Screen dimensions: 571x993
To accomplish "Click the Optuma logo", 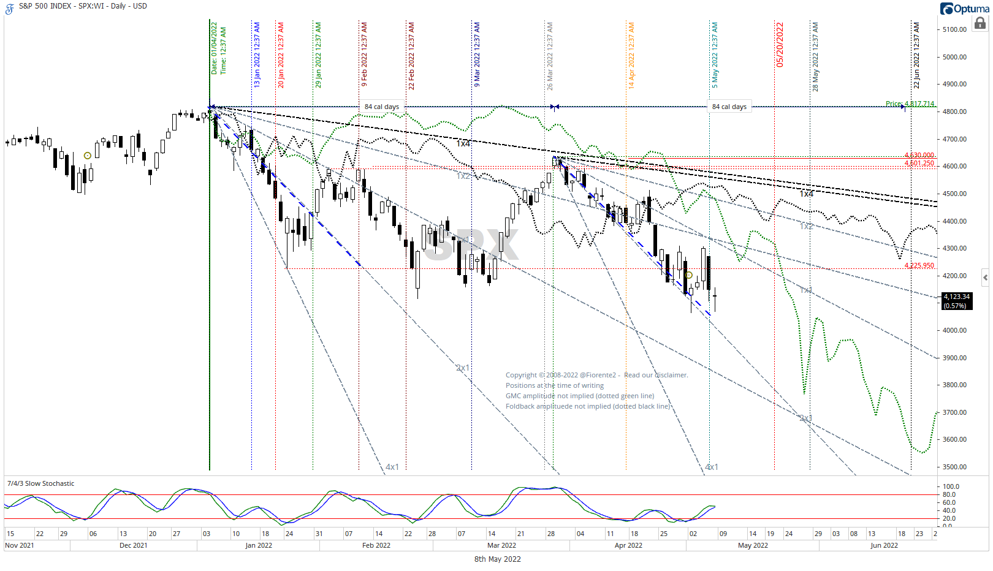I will (x=964, y=9).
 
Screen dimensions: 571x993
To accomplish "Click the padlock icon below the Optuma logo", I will (x=980, y=23).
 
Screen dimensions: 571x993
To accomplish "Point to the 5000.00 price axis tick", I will (x=954, y=57).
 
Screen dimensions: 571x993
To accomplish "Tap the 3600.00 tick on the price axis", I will (x=954, y=439).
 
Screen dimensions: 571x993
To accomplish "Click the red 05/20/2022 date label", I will (x=780, y=45).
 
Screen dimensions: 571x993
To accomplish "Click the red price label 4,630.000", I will (x=919, y=155).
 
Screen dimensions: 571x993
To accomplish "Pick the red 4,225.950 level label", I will (x=919, y=265).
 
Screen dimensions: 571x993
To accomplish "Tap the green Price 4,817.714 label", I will (x=910, y=104).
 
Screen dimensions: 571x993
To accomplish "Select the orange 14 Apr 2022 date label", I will (x=631, y=56).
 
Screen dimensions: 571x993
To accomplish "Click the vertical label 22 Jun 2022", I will (x=916, y=56).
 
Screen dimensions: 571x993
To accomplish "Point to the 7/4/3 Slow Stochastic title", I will (x=40, y=483).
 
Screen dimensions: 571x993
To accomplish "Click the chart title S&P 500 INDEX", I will (x=45, y=6).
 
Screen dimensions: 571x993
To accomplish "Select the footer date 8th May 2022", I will (x=497, y=559).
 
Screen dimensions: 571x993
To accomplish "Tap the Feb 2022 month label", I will (x=376, y=545).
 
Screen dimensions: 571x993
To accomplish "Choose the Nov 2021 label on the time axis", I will (x=20, y=545).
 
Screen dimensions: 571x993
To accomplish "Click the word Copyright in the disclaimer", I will (x=521, y=375).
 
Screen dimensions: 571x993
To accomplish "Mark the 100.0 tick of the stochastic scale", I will (x=951, y=486).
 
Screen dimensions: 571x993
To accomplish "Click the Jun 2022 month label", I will (x=884, y=545).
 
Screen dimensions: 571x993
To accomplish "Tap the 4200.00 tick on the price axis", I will (x=954, y=276).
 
